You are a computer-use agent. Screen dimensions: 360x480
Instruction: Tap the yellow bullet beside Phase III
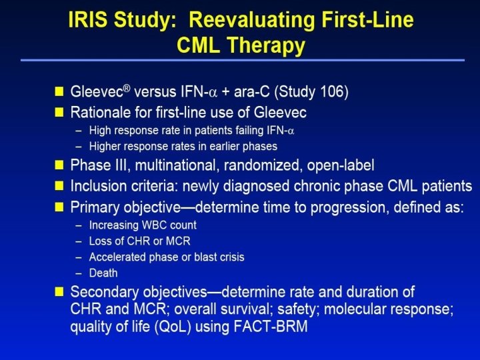(x=59, y=165)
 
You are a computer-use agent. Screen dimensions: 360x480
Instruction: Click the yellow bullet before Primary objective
(x=59, y=207)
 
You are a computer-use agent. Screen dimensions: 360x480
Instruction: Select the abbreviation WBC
(x=153, y=225)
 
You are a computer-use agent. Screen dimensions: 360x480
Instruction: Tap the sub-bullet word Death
(x=103, y=273)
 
